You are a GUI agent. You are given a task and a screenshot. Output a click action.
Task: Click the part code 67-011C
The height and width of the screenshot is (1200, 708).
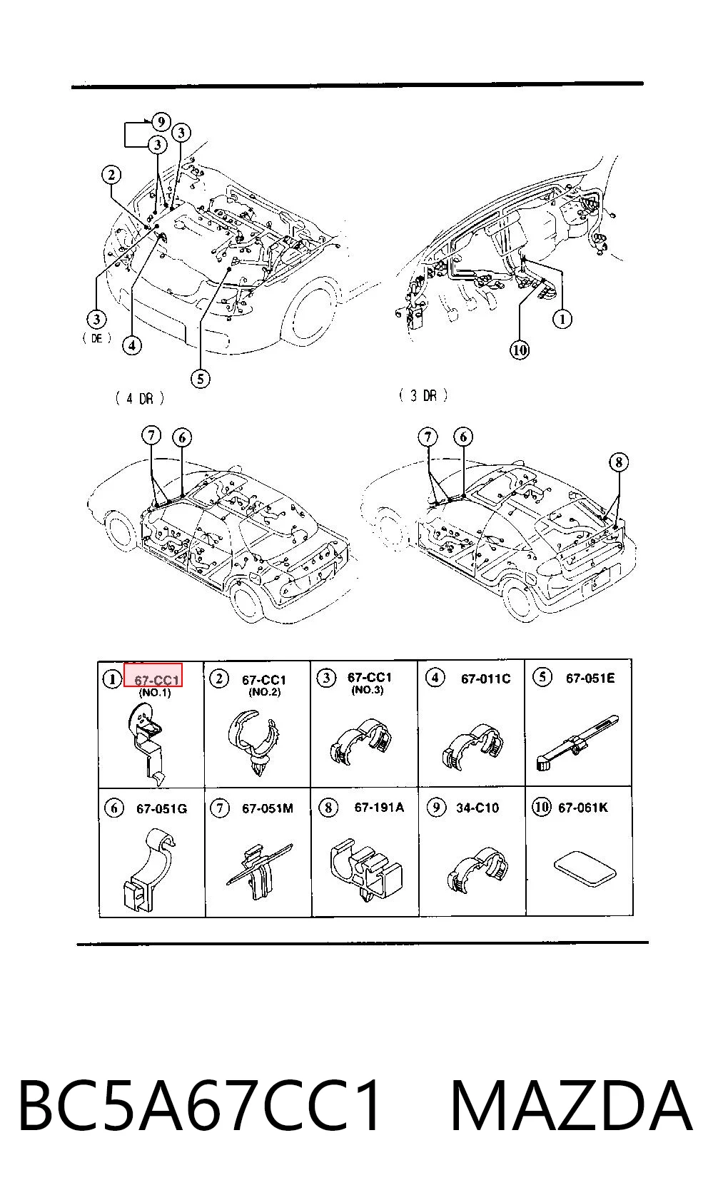(x=485, y=678)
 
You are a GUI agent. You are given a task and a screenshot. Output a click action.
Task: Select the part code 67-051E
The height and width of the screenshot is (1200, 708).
(x=590, y=678)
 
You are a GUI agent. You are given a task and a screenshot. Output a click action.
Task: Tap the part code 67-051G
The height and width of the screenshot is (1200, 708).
(x=161, y=808)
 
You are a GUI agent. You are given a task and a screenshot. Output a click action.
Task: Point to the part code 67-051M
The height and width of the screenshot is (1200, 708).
(x=268, y=808)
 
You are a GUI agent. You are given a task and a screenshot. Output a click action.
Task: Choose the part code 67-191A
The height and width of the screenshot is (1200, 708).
(x=379, y=807)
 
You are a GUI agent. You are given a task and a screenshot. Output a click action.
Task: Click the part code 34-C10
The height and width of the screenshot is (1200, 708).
(x=477, y=808)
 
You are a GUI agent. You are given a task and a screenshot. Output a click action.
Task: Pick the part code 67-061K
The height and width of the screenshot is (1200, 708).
(x=583, y=807)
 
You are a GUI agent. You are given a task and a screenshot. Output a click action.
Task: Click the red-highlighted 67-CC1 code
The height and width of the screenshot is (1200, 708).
(x=156, y=680)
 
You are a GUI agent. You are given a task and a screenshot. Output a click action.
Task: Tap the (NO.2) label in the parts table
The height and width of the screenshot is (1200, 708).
(x=264, y=692)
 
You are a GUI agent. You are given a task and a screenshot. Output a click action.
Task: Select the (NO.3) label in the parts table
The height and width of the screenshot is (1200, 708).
(x=368, y=690)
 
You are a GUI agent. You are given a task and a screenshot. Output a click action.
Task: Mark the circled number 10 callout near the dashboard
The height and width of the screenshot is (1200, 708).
(x=519, y=350)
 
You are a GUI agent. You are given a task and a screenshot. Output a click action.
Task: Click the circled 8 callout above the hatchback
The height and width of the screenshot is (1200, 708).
(x=619, y=462)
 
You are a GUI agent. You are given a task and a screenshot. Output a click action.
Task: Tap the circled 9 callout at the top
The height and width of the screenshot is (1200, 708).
(x=161, y=122)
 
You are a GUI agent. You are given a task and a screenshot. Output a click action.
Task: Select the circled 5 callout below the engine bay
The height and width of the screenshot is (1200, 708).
(x=200, y=380)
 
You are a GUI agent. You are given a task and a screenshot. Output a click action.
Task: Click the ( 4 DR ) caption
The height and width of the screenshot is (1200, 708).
(x=139, y=398)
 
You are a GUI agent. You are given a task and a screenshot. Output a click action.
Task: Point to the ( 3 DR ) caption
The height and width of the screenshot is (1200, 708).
(x=423, y=396)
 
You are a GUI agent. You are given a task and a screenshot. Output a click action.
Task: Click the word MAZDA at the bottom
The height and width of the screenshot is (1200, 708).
(x=572, y=1105)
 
